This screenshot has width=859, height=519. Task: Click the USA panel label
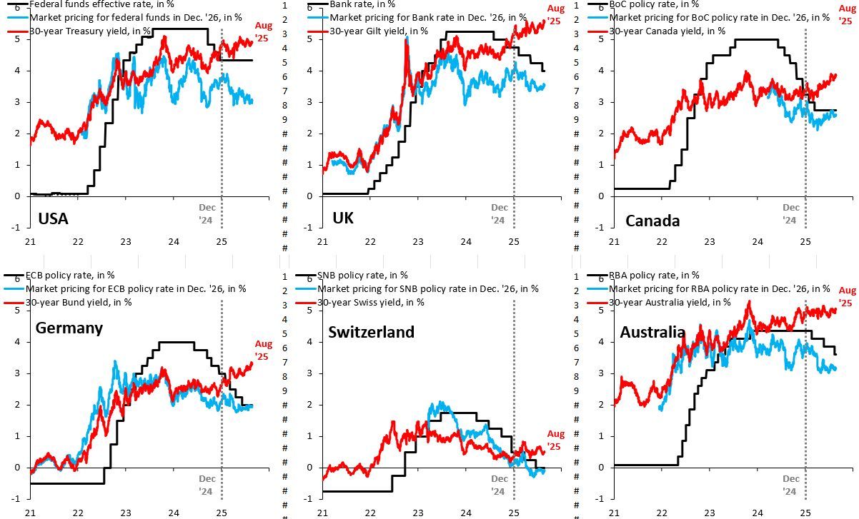coord(52,218)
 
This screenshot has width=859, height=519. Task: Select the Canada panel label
coord(652,221)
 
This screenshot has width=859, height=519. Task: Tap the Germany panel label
coord(69,328)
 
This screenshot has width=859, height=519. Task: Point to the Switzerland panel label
coord(371,332)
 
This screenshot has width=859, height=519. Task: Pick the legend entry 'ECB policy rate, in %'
coord(70,275)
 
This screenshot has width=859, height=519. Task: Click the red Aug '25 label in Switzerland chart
coord(555,440)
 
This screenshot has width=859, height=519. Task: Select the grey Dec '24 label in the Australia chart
coord(790,485)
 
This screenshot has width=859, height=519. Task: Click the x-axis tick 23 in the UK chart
coord(417,241)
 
